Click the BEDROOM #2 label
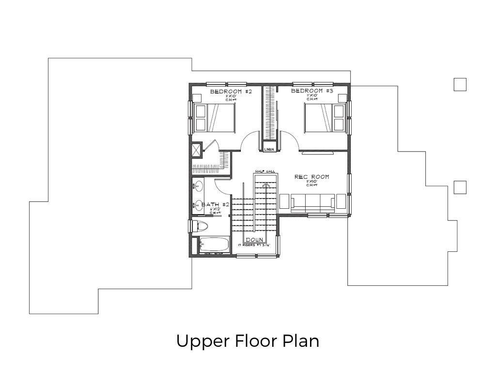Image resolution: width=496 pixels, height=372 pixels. [x=231, y=92]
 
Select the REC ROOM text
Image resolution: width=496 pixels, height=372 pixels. [x=311, y=177]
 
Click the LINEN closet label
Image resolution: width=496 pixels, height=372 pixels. [x=269, y=150]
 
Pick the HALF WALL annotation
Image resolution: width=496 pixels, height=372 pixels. [x=265, y=171]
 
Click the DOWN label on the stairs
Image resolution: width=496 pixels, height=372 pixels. [x=254, y=240]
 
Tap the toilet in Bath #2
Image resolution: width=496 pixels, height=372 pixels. [x=199, y=226]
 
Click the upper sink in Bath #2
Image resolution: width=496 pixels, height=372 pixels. [x=198, y=185]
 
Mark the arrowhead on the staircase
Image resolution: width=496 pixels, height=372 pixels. [x=265, y=185]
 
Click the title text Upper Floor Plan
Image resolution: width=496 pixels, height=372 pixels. [x=248, y=341]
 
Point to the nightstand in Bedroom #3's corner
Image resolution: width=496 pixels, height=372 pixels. [x=342, y=98]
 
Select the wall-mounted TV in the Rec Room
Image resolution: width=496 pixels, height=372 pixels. [x=317, y=153]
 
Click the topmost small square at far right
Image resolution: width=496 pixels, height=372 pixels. [x=460, y=84]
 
